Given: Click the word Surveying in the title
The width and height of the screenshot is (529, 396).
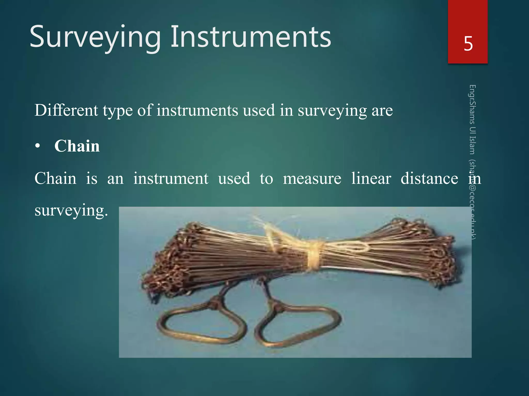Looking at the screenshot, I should point(95,37).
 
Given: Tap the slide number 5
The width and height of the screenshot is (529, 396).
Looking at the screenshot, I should point(468,44).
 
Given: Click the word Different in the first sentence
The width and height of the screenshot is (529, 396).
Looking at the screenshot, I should point(66,110).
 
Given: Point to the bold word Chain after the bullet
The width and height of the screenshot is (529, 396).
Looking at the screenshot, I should point(77,146).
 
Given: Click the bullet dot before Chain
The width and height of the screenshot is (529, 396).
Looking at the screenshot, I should point(38,146).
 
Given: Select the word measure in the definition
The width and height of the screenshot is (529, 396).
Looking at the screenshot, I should point(312,179).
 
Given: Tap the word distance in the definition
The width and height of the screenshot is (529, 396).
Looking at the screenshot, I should point(429,178).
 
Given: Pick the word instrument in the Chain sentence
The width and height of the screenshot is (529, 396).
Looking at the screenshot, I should point(171,179).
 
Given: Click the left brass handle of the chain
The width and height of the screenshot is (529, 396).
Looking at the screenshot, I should point(201,325).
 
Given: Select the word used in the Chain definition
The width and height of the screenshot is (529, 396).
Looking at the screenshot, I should point(234,179).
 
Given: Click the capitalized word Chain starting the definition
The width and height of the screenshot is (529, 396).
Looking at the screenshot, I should point(56,178).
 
